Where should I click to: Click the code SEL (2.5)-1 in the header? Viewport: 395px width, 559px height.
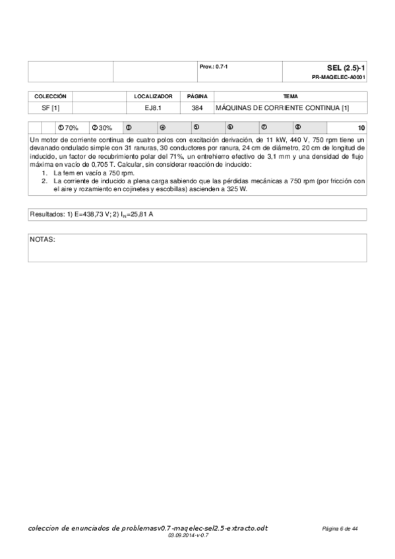[x=346, y=68]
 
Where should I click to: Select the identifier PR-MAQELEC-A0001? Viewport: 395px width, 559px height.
[x=339, y=77]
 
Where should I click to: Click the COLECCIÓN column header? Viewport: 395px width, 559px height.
[x=50, y=96]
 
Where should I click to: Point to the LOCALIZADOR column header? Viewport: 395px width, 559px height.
[x=153, y=96]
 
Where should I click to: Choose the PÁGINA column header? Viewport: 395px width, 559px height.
[x=197, y=96]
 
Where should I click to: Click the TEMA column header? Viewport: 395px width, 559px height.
[x=290, y=96]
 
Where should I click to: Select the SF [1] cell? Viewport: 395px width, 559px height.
[x=51, y=107]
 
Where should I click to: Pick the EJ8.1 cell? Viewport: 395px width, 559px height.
[x=153, y=107]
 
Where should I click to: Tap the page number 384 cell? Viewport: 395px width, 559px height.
[x=197, y=107]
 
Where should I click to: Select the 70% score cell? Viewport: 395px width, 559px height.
[x=69, y=128]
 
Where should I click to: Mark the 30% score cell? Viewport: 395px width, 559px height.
[x=102, y=128]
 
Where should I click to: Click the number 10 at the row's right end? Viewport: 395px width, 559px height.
[x=361, y=128]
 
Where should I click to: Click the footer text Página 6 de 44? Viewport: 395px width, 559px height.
[x=340, y=529]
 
